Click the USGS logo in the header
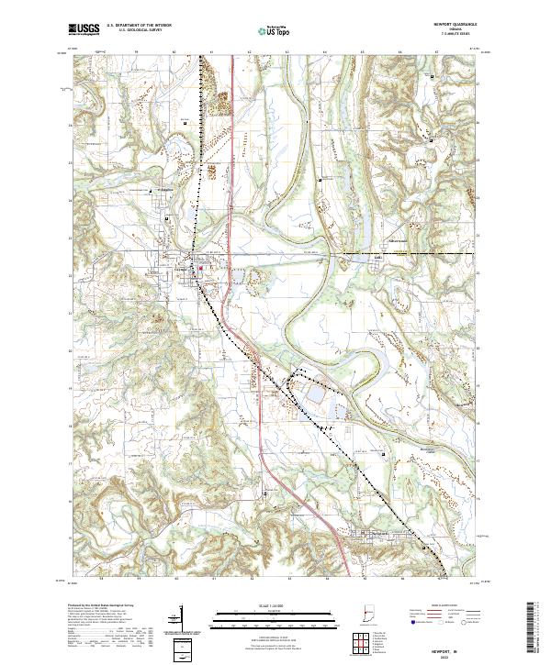click(x=84, y=29)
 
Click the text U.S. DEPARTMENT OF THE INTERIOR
click(x=139, y=25)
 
